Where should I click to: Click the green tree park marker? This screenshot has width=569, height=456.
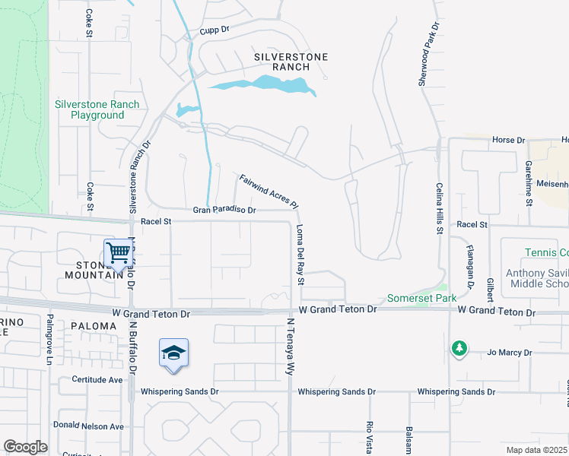pyautogui.click(x=458, y=349)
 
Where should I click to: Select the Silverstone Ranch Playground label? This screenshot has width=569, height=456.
pyautogui.click(x=97, y=109)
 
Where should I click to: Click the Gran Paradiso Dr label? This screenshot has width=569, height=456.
pyautogui.click(x=224, y=210)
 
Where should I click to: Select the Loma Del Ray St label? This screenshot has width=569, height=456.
pyautogui.click(x=300, y=254)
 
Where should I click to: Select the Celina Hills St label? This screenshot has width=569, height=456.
pyautogui.click(x=440, y=207)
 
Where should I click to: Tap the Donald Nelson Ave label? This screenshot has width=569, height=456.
pyautogui.click(x=88, y=426)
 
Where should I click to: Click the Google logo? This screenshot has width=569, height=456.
pyautogui.click(x=26, y=447)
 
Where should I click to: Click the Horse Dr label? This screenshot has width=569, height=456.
pyautogui.click(x=509, y=140)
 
